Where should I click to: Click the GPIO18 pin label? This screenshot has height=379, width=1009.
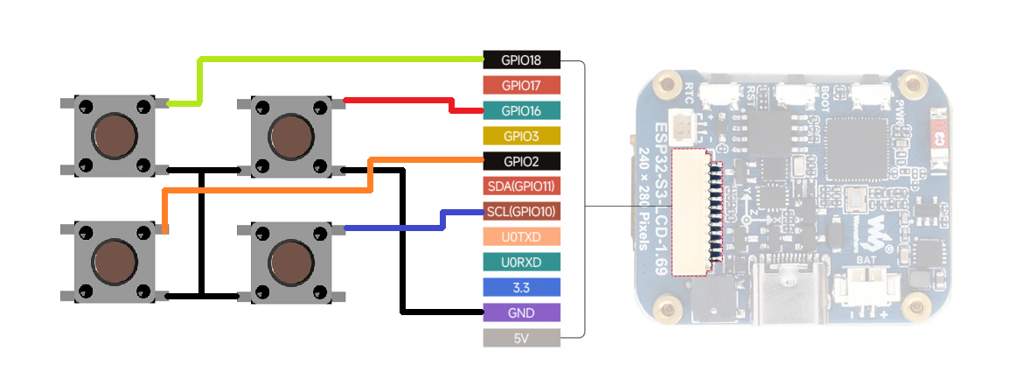point(521,61)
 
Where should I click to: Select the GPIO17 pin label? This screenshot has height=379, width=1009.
point(521,86)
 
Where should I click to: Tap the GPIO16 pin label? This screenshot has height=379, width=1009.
point(521,111)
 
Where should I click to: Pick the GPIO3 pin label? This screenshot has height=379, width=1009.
point(521,137)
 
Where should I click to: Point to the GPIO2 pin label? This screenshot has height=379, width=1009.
point(521,161)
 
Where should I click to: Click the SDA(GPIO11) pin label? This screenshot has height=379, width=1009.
point(521,186)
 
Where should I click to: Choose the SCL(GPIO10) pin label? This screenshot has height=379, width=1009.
point(521,212)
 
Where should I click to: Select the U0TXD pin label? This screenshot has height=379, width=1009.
point(521,236)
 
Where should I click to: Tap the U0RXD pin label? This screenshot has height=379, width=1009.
point(521,262)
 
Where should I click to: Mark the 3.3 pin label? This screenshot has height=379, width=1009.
point(521,287)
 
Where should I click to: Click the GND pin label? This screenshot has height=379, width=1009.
point(521,312)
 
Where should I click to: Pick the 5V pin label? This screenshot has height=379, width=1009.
point(521,337)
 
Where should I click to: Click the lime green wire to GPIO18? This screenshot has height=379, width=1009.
point(341,59)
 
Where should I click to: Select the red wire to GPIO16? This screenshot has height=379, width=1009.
point(398,101)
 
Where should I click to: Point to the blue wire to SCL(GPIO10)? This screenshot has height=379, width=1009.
point(393,228)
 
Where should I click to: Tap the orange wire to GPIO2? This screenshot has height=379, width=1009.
point(262,188)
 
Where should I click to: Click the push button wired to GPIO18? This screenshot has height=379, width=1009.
point(115,136)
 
